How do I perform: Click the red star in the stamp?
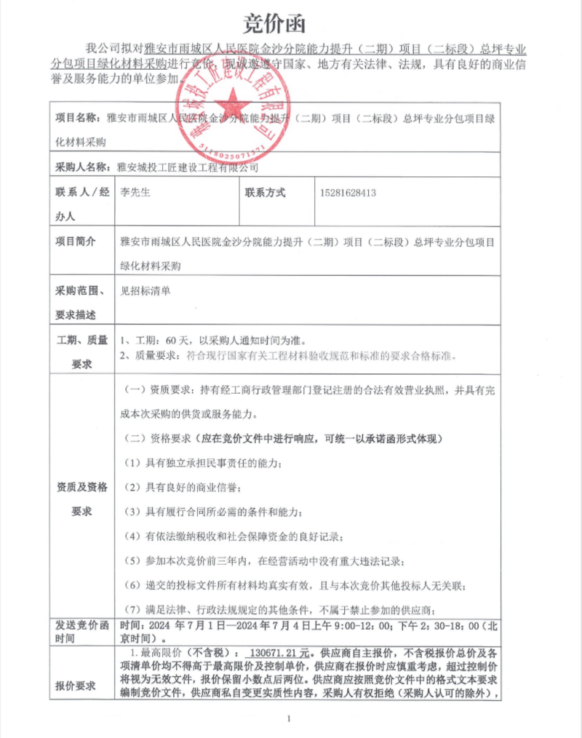coord(231,103)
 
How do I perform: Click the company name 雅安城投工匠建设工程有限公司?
coord(188,167)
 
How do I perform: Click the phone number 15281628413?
coord(348,194)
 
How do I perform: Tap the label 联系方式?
coord(266,193)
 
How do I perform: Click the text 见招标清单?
coord(145,290)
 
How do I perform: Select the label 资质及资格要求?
coord(81,499)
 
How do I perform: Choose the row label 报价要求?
coord(75,685)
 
